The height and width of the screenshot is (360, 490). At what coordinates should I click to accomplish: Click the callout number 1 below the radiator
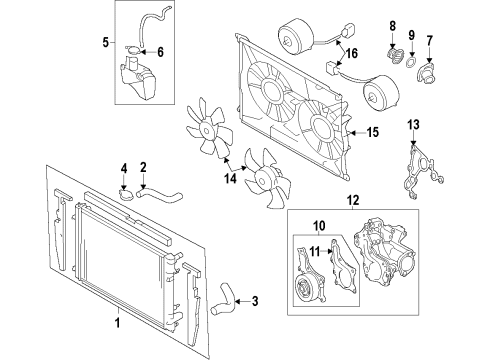117,323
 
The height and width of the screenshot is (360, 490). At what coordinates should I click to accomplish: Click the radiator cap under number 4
126,194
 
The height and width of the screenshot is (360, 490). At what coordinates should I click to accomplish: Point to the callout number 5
106,42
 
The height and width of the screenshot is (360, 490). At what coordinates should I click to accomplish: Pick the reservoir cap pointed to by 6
134,50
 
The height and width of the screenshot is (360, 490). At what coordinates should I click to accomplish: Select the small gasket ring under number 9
411,62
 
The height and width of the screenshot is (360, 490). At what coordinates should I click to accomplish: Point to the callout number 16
351,53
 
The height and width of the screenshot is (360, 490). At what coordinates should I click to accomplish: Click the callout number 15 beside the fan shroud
373,132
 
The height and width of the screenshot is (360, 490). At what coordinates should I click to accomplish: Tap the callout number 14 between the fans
230,178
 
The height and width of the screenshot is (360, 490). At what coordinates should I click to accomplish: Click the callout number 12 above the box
353,200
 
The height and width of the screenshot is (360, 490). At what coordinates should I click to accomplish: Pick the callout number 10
319,226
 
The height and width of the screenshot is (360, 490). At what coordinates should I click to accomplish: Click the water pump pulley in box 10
305,288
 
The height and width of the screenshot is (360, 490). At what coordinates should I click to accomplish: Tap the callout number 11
314,252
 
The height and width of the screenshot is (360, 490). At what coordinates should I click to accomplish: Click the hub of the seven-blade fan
207,129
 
